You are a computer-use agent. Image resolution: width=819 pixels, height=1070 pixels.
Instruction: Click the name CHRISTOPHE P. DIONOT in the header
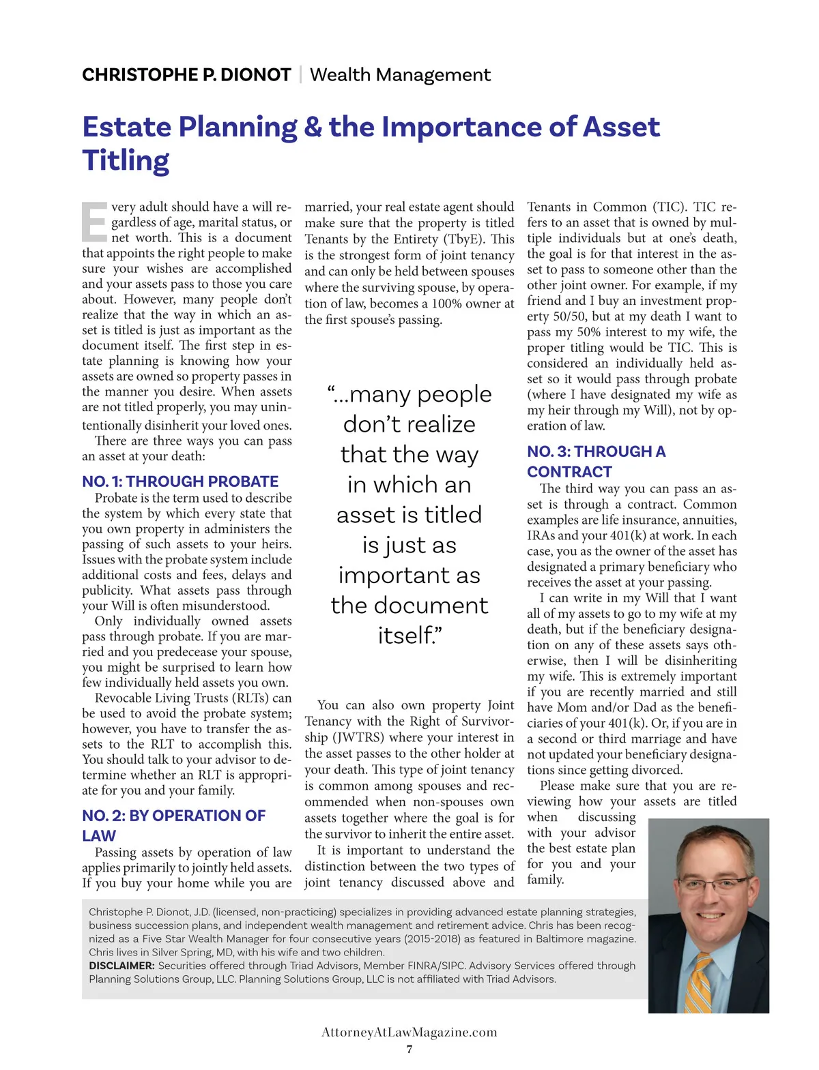point(186,74)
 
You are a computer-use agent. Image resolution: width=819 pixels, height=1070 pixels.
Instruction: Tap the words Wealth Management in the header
point(400,74)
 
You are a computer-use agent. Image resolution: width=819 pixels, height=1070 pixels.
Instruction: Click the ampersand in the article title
point(313,127)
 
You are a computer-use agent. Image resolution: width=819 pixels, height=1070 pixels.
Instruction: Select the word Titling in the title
point(126,161)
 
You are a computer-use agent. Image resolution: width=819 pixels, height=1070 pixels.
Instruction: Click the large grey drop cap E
point(94,222)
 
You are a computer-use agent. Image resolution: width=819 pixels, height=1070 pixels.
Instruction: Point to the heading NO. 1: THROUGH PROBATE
point(180,481)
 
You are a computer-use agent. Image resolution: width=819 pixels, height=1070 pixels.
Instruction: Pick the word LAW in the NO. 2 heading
point(99,836)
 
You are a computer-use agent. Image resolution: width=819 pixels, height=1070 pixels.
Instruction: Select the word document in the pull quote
point(409,606)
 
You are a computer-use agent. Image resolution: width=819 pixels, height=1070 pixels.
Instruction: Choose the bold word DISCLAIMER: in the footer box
point(121,966)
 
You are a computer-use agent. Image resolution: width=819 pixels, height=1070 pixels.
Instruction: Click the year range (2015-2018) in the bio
point(431,938)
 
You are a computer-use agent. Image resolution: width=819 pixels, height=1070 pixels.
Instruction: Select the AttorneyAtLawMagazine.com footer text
point(409,1032)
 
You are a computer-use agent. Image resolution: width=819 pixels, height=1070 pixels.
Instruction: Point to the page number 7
point(409,1049)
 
